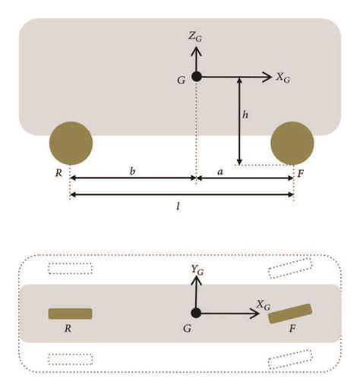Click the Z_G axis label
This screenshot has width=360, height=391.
tap(195, 37)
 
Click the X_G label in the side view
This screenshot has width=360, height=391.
tap(283, 77)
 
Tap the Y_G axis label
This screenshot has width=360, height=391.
tap(197, 270)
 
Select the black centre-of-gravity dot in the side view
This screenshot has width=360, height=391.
tap(197, 77)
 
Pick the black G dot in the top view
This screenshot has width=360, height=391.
tap(196, 313)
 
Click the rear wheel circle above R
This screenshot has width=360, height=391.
tap(71, 143)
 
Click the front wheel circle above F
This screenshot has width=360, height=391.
tap(292, 143)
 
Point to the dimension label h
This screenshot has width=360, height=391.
tap(245, 115)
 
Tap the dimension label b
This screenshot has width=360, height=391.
tap(132, 171)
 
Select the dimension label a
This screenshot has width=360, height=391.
tap(220, 172)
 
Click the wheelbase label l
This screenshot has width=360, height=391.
tap(178, 207)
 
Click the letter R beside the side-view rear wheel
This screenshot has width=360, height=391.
tap(58, 173)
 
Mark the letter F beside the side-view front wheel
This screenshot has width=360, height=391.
tap(300, 174)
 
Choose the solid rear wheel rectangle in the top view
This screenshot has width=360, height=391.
tap(70, 314)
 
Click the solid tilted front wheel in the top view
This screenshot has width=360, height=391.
tap(290, 314)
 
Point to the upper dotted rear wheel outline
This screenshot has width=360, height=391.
tap(70, 269)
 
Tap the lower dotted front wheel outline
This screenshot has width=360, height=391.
tap(290, 359)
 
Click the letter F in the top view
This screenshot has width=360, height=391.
tap(292, 329)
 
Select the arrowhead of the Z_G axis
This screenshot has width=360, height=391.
tap(196, 51)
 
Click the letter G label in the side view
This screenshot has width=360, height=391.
tap(182, 80)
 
